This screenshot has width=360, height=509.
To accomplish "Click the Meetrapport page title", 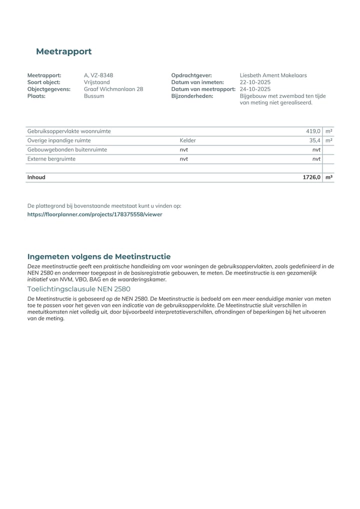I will coord(63,51).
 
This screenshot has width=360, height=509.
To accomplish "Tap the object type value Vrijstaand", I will coord(96,82).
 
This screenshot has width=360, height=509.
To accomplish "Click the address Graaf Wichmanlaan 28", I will coord(113,89).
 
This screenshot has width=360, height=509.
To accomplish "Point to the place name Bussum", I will coord(94,96).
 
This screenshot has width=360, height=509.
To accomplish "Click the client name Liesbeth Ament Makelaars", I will coord(273,75).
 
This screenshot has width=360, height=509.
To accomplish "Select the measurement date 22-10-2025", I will coord(255,82).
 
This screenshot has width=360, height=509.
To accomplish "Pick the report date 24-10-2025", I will coord(255,89).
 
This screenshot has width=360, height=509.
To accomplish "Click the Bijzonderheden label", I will coord(192,96).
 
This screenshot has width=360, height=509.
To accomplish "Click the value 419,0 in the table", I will coord(313,131).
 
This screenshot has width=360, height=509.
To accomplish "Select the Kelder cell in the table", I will coord(188,140).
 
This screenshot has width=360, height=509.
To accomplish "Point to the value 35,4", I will coord(315,140).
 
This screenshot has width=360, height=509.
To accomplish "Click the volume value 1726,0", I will coord(311,177).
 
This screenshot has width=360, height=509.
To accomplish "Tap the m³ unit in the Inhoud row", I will coord(328,177).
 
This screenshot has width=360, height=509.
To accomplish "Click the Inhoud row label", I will coord(36,177).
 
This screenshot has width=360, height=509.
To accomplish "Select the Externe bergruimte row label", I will coord(51,158).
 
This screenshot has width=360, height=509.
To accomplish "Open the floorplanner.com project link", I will coord(94,214).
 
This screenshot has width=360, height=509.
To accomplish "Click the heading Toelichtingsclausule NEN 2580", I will coord(78,289).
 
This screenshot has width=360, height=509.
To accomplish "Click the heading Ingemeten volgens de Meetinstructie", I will coord(99,256).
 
